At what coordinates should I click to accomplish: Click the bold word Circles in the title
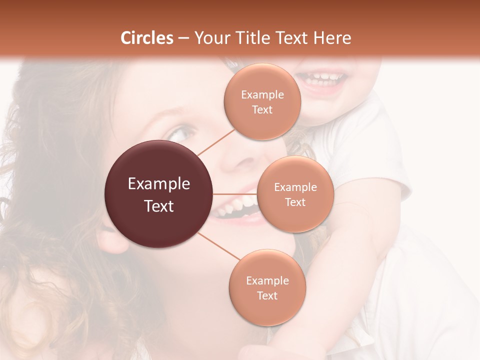coord(147,38)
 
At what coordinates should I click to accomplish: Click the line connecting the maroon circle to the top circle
coord(216,141)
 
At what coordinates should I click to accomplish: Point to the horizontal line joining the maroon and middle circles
coord(234,194)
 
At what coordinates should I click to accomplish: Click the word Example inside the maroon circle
coord(159,184)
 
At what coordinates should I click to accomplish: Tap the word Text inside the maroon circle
coord(159,206)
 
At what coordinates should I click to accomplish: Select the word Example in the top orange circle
coord(262,95)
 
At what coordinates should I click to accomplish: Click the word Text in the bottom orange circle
coord(267,295)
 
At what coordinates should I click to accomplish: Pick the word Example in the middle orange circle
coord(295,187)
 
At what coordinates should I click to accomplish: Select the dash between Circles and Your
coord(183,38)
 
